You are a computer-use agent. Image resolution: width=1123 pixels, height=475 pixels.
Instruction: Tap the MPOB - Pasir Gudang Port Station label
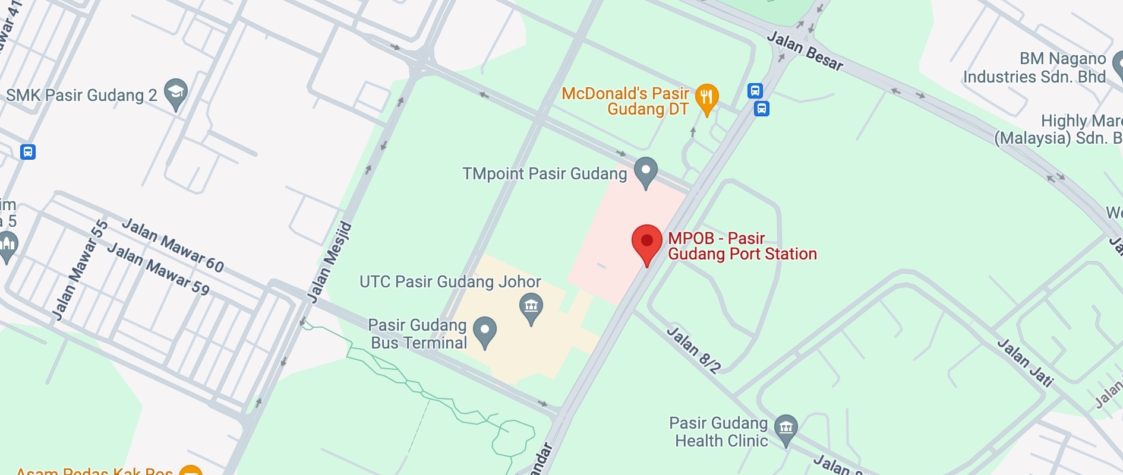[742, 246]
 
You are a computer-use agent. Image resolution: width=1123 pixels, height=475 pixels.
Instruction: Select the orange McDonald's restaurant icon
[706, 97]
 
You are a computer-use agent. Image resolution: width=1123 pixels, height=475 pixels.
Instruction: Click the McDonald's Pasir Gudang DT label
[625, 102]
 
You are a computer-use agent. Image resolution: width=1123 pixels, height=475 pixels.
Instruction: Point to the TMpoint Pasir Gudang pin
[645, 170]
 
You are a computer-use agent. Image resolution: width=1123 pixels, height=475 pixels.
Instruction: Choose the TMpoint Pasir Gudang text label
[544, 173]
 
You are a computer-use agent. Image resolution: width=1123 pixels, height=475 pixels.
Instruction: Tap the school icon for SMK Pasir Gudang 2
[175, 93]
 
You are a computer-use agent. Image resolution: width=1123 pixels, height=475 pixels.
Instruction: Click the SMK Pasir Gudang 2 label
[81, 95]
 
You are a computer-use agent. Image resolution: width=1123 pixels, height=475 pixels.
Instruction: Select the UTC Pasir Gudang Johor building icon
[531, 306]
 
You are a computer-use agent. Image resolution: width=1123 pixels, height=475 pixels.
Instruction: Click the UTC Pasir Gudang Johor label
[450, 281]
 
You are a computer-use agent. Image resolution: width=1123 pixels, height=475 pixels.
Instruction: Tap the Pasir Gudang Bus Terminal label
[418, 334]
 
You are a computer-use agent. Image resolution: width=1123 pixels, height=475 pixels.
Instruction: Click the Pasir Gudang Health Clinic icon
[786, 427]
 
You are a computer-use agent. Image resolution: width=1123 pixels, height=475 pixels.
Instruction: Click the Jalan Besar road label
[805, 51]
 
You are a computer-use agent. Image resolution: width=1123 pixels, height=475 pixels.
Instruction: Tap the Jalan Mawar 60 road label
[173, 245]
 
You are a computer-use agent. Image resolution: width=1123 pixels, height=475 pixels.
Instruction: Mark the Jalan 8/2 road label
[693, 349]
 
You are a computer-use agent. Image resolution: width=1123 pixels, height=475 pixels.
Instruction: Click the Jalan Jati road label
[1024, 362]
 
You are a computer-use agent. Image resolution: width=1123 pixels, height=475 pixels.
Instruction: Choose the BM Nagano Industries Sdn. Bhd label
[1034, 68]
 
